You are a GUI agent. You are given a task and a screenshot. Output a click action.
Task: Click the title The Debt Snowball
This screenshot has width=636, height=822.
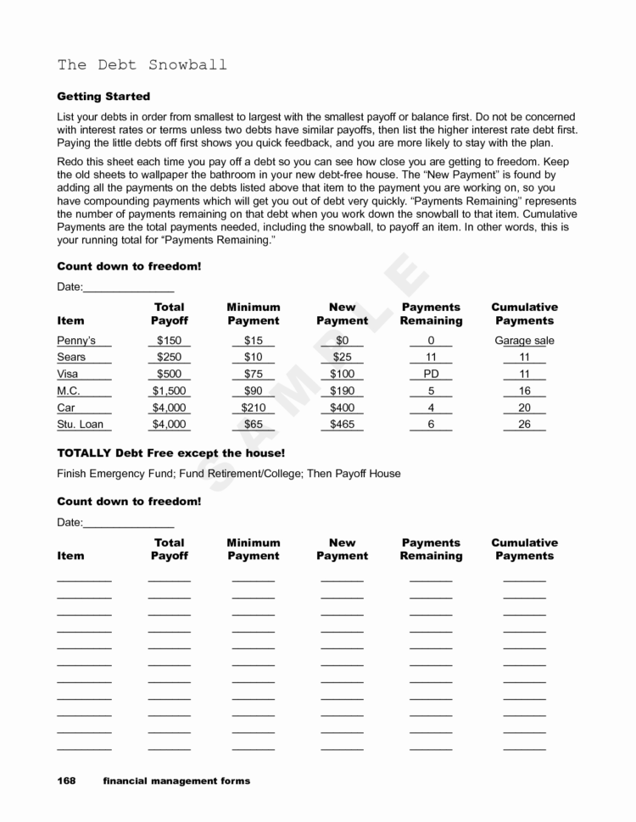pos(142,65)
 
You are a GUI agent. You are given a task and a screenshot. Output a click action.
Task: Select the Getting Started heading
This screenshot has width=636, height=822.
pos(103,97)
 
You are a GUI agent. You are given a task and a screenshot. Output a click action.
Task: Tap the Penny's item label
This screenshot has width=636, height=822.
pos(76,341)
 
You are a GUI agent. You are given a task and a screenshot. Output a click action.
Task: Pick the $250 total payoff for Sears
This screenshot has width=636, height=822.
pos(169,358)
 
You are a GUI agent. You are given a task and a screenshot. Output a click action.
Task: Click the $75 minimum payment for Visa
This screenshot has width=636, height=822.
pos(253,375)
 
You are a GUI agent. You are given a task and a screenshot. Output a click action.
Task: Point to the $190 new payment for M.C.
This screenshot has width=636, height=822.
pos(342,392)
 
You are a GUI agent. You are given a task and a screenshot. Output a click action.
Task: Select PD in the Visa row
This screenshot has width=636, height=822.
pos(431,375)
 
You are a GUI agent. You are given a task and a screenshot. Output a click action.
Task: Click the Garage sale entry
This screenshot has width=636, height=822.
pos(524,341)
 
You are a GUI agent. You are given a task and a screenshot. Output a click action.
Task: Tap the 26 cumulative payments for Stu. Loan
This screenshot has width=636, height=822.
pos(524,425)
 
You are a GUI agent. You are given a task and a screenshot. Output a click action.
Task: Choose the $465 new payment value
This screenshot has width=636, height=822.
pos(342,425)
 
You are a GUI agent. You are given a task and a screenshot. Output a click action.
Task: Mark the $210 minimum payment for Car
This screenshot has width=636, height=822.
pos(253,408)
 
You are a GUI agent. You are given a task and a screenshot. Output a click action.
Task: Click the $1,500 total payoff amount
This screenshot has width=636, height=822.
pos(169,392)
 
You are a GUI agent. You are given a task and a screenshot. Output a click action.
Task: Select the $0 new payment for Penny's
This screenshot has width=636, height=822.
pos(342,341)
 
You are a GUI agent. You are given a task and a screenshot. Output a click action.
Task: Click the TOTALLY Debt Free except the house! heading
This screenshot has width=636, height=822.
pos(170,453)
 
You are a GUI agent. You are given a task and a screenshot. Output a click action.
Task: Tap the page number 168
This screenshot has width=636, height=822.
pos(66,780)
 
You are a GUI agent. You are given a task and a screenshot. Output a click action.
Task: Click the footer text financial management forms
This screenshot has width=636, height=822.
pos(176,780)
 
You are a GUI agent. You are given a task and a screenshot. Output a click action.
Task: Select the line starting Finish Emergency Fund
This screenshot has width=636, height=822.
pos(228,473)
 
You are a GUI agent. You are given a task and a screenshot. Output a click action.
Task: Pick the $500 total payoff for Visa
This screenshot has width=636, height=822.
pos(169,375)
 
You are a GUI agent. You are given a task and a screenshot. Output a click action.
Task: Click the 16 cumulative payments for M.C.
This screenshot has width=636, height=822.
pos(524,392)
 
